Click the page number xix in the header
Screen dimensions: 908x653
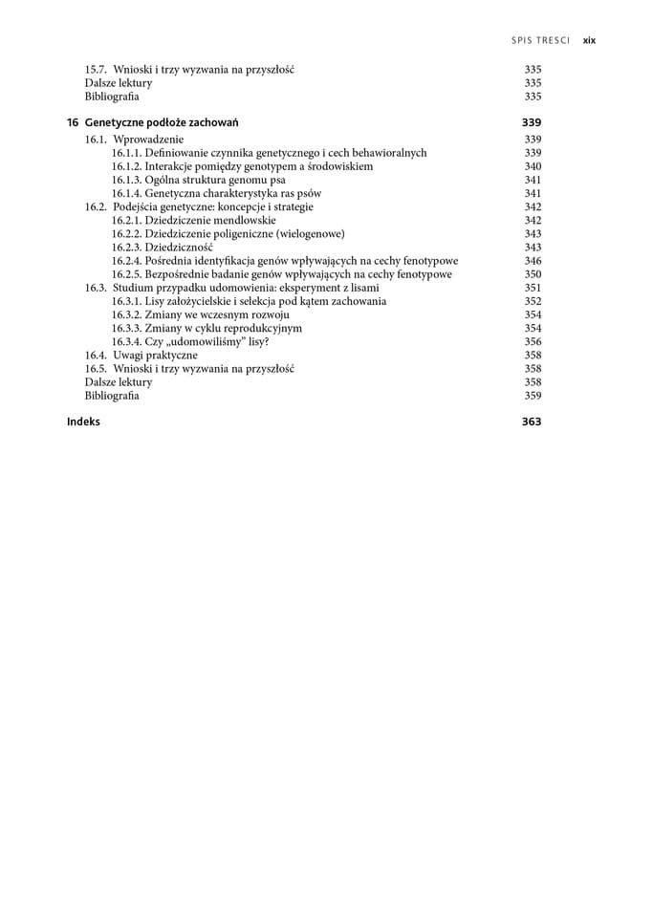(589, 40)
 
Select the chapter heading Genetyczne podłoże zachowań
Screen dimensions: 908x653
(162, 122)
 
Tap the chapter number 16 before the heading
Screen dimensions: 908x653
(73, 122)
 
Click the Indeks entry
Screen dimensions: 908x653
(83, 422)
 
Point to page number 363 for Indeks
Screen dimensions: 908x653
(532, 422)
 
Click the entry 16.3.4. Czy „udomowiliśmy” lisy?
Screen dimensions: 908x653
(190, 341)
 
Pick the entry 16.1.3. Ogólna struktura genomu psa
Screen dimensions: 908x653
(198, 180)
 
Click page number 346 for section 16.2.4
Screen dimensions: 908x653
(533, 261)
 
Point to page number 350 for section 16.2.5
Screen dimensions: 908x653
(533, 274)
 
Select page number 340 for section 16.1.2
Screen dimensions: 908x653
(533, 166)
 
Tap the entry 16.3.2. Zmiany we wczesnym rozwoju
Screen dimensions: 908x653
(200, 314)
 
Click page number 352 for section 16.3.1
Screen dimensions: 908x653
(533, 301)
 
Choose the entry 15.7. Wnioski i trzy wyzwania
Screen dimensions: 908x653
(188, 70)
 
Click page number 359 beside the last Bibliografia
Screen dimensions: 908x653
(533, 395)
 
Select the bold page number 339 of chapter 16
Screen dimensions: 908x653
(532, 122)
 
